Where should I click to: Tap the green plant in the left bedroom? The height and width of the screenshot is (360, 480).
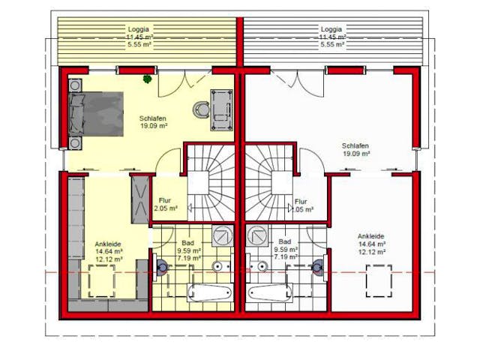pos(148,79)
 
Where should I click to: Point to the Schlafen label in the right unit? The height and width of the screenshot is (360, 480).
pos(355,145)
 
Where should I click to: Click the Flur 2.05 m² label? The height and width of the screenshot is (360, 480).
pos(166,205)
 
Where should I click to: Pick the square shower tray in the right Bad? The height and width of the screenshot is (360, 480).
pos(258,236)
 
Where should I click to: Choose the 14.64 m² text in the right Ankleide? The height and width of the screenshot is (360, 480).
pos(371,244)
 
